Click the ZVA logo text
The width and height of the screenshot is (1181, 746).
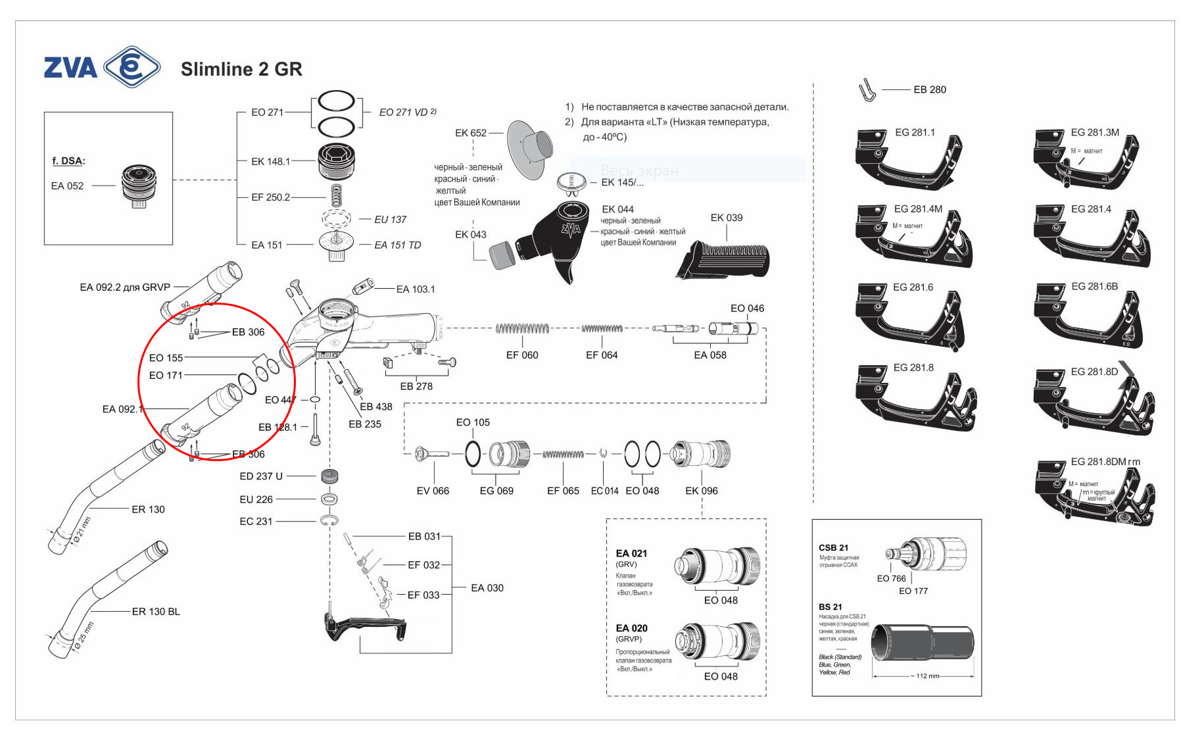70,68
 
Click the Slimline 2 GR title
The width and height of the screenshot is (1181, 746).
241,69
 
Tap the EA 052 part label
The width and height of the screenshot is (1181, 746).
67,186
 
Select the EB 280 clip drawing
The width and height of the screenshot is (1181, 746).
867,90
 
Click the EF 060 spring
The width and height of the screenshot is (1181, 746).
522,328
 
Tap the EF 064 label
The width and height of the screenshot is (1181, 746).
602,355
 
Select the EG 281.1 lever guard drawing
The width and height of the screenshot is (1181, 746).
907,162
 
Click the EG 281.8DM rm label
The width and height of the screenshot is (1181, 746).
1105,462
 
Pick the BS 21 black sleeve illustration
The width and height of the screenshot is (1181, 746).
922,643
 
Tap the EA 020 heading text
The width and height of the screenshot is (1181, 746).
631,628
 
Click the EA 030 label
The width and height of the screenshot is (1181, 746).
487,588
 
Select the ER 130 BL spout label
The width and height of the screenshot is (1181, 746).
156,612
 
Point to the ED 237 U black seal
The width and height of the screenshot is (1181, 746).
329,476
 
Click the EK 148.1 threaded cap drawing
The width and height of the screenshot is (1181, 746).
337,162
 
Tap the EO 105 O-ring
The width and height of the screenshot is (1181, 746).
472,453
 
